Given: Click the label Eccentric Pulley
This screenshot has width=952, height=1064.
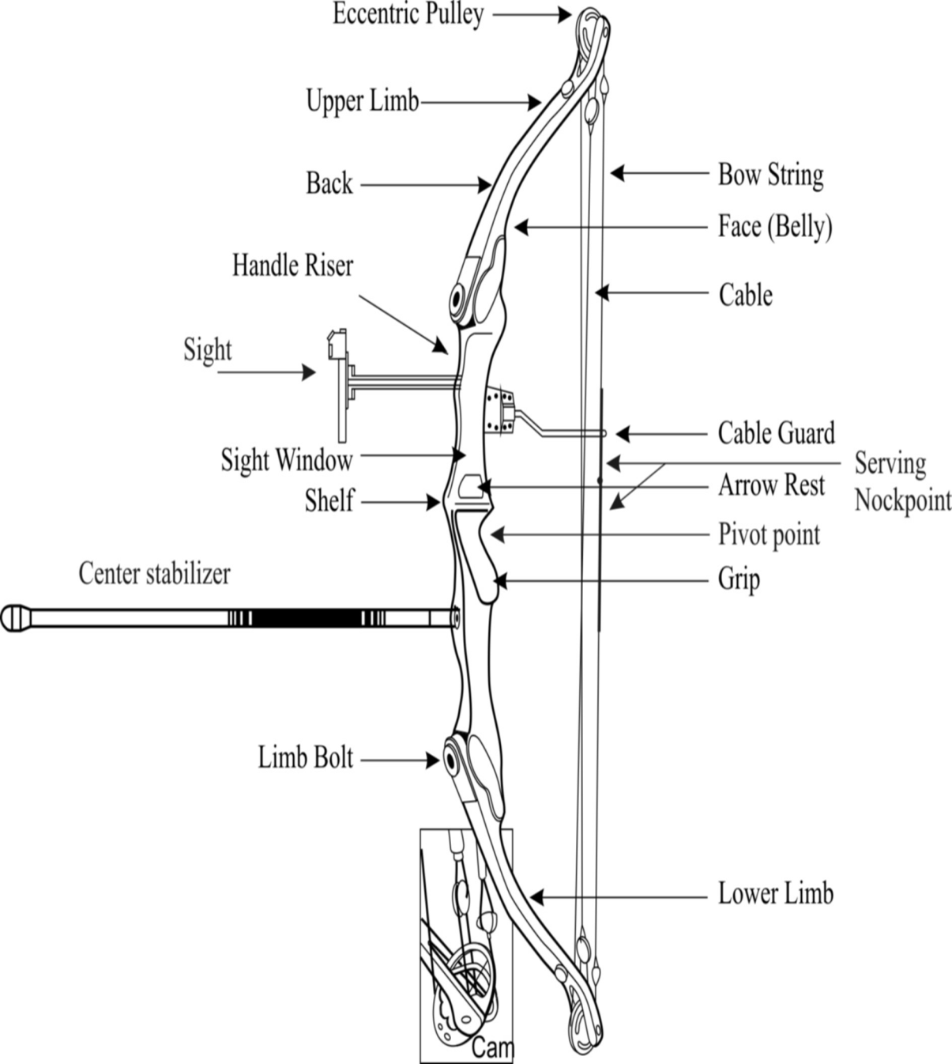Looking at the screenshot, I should pyautogui.click(x=408, y=14).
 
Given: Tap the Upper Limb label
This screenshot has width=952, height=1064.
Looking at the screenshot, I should pyautogui.click(x=362, y=101).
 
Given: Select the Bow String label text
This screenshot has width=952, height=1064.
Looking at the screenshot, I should pyautogui.click(x=770, y=175).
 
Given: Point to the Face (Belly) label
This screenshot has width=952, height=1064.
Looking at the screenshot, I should pyautogui.click(x=775, y=227).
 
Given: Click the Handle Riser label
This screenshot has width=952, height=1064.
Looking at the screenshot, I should pyautogui.click(x=292, y=266).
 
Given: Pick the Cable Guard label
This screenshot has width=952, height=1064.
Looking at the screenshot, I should pyautogui.click(x=776, y=433).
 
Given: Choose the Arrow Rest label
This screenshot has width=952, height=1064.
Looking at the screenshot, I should pyautogui.click(x=771, y=485).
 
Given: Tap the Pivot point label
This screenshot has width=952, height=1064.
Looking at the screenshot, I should pyautogui.click(x=769, y=535).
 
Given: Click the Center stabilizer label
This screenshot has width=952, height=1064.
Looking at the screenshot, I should pyautogui.click(x=155, y=574).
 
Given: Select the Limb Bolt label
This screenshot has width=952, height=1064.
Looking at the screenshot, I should pyautogui.click(x=305, y=758).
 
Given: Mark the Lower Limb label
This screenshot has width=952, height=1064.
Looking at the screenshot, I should pyautogui.click(x=775, y=894).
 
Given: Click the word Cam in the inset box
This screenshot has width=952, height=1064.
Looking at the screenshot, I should pyautogui.click(x=492, y=1048).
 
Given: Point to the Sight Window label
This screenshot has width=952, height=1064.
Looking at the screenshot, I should pyautogui.click(x=286, y=460).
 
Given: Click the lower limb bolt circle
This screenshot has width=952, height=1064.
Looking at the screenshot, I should pyautogui.click(x=451, y=760).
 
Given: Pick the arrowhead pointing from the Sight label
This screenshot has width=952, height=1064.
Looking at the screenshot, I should pyautogui.click(x=309, y=372).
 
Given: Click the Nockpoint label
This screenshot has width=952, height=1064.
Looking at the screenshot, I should pyautogui.click(x=903, y=500).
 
